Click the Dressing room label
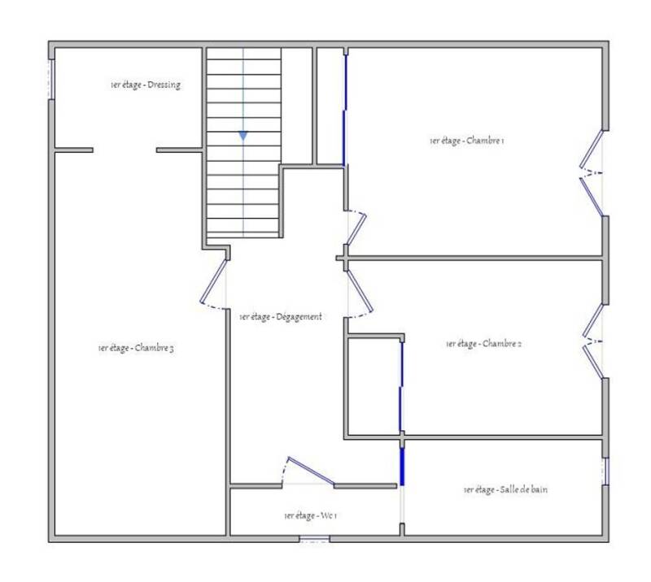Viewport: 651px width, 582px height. tap(146, 85)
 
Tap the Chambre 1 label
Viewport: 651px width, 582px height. tap(467, 141)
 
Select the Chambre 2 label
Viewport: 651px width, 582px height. tap(483, 344)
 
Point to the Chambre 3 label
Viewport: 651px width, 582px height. tap(136, 348)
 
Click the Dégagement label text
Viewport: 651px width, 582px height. tap(281, 317)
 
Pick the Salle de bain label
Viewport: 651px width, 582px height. tap(505, 489)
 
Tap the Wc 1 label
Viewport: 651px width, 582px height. tap(311, 515)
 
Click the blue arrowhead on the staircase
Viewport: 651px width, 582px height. tap(243, 136)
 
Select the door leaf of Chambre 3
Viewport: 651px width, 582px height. tap(213, 281)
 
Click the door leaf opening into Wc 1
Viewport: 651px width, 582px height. tap(311, 471)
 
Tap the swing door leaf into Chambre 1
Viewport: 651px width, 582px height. tap(356, 229)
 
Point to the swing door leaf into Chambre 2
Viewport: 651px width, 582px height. tap(360, 290)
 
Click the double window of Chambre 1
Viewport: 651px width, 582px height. tap(592, 173)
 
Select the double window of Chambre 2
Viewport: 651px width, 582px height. tap(593, 341)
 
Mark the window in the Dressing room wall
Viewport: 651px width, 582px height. tap(51, 79)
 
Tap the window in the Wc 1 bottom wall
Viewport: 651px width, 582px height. tap(314, 539)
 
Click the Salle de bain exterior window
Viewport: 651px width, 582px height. tap(605, 471)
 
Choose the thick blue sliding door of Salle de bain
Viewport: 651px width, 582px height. tap(402, 467)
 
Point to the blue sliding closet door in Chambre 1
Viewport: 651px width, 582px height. tap(344, 110)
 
